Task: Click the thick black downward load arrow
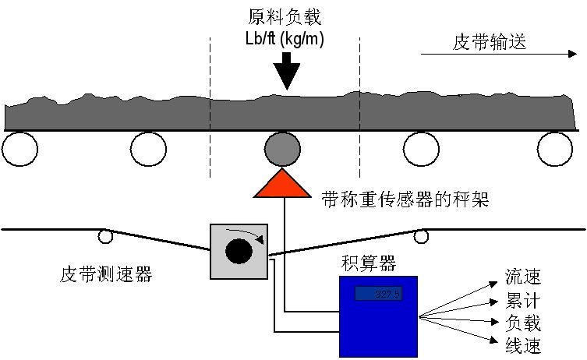287,71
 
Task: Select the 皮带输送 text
490,42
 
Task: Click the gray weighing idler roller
281,149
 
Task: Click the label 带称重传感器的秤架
405,199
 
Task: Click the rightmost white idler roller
554,148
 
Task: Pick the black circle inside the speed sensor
238,251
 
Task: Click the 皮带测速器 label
105,274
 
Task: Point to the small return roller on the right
422,235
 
